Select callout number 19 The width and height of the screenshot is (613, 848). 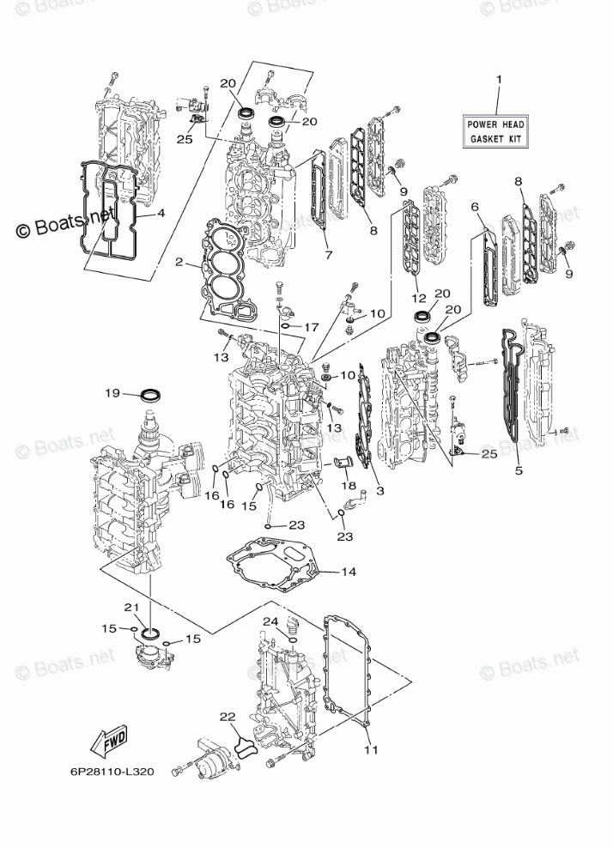112,394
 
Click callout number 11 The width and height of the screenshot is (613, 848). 370,749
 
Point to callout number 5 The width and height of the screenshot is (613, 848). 518,470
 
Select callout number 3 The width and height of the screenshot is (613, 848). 379,491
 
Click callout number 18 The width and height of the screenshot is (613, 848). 349,486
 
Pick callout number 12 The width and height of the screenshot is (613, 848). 418,298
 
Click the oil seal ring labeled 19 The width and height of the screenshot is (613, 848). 151,396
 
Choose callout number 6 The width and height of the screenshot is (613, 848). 474,207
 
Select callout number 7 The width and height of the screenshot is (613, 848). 327,254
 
